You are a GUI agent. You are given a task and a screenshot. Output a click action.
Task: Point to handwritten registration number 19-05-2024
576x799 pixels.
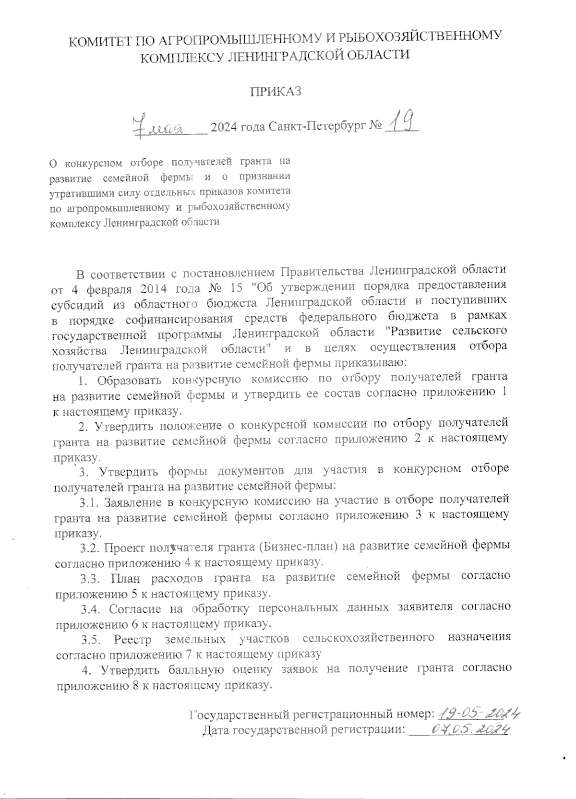[x=480, y=714]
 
